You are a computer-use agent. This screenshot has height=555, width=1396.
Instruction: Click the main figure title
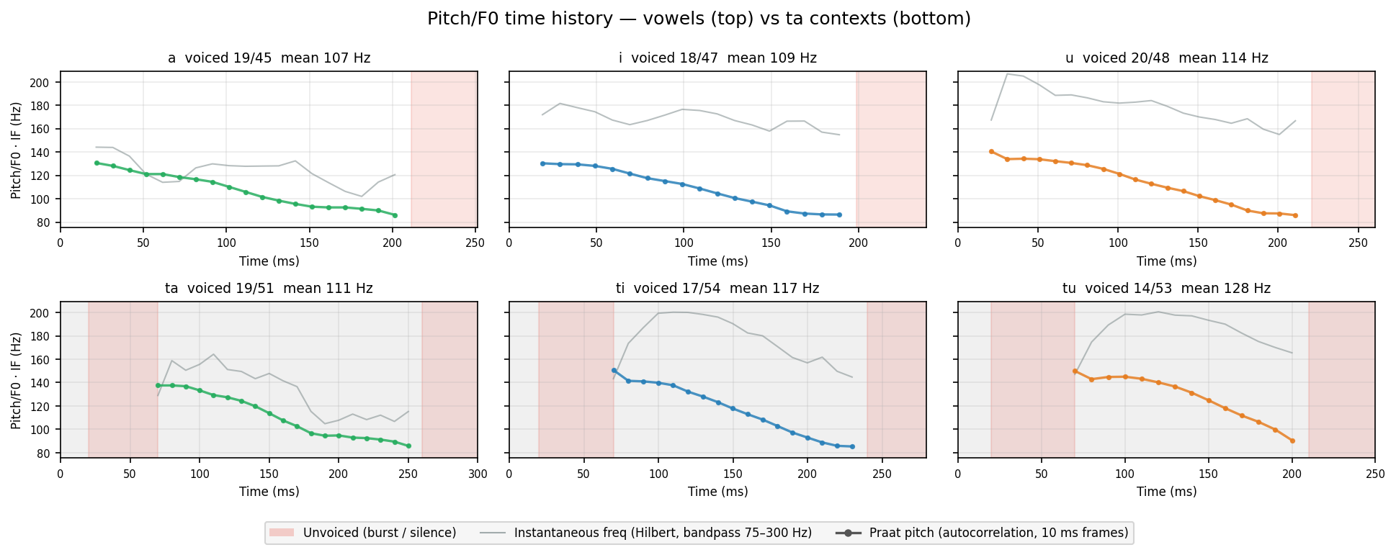tap(699, 19)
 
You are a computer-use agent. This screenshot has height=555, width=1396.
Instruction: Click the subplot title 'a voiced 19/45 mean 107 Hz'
tap(269, 58)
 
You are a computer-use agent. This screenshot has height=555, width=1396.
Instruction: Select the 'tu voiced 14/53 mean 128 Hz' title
tap(1166, 289)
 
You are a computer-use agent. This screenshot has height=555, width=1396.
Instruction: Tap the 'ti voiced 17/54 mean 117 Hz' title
tap(717, 289)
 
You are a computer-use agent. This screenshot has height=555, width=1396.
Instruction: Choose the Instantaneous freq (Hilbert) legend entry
tap(645, 533)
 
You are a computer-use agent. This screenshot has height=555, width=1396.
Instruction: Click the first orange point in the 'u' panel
tap(991, 152)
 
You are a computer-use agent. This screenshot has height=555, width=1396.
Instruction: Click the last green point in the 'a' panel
tap(395, 215)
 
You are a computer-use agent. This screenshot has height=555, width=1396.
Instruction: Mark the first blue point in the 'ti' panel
tap(614, 371)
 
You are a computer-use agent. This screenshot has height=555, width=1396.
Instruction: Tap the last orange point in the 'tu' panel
tap(1292, 441)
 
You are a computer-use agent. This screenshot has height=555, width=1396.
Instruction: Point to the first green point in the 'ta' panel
tap(158, 386)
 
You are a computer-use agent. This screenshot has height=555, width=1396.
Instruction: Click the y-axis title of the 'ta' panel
tap(16, 380)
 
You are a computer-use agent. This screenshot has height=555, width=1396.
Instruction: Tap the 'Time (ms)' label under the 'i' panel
tap(717, 261)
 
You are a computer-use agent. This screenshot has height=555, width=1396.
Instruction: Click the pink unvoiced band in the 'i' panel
tap(891, 149)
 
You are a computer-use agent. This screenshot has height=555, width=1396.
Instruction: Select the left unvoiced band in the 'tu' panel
tap(1033, 379)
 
